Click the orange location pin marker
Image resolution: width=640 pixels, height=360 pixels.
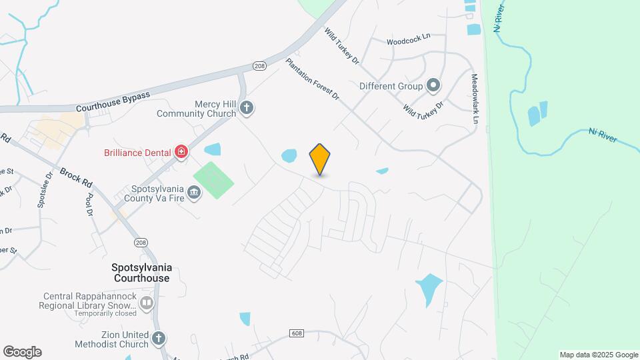click(320, 159)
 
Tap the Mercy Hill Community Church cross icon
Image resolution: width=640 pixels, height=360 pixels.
click(247, 107)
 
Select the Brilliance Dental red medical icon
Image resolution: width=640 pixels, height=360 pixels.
click(180, 153)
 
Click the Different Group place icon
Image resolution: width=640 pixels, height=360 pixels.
click(433, 85)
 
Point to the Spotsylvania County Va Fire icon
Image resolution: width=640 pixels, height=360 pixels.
click(194, 193)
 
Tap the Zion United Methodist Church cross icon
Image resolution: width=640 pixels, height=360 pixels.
click(159, 338)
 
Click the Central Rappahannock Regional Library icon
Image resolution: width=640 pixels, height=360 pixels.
click(146, 304)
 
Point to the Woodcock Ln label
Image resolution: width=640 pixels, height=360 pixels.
click(409, 41)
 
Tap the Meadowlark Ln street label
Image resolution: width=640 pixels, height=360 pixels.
click(475, 99)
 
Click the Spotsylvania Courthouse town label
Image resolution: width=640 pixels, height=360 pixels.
click(141, 272)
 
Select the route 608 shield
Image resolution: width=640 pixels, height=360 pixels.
click(297, 333)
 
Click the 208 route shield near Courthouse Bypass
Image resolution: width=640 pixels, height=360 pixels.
click(259, 65)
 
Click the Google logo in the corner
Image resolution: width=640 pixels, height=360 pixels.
click(22, 352)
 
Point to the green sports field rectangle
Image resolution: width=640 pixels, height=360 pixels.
click(213, 180)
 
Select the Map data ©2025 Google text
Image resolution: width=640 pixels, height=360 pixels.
click(599, 355)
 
